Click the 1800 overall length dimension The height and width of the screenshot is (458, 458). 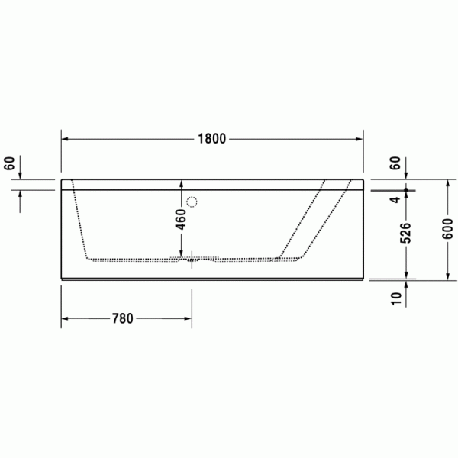point(212,139)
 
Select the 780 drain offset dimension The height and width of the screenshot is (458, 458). point(123,318)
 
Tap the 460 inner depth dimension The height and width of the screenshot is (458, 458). point(182,219)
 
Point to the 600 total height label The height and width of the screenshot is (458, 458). point(447,229)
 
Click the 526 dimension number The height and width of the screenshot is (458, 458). point(405,233)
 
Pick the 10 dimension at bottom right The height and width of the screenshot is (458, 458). point(396,298)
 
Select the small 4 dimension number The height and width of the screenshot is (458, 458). point(395,199)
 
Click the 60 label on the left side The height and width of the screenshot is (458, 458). point(9,163)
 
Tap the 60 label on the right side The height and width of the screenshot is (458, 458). point(395,163)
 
